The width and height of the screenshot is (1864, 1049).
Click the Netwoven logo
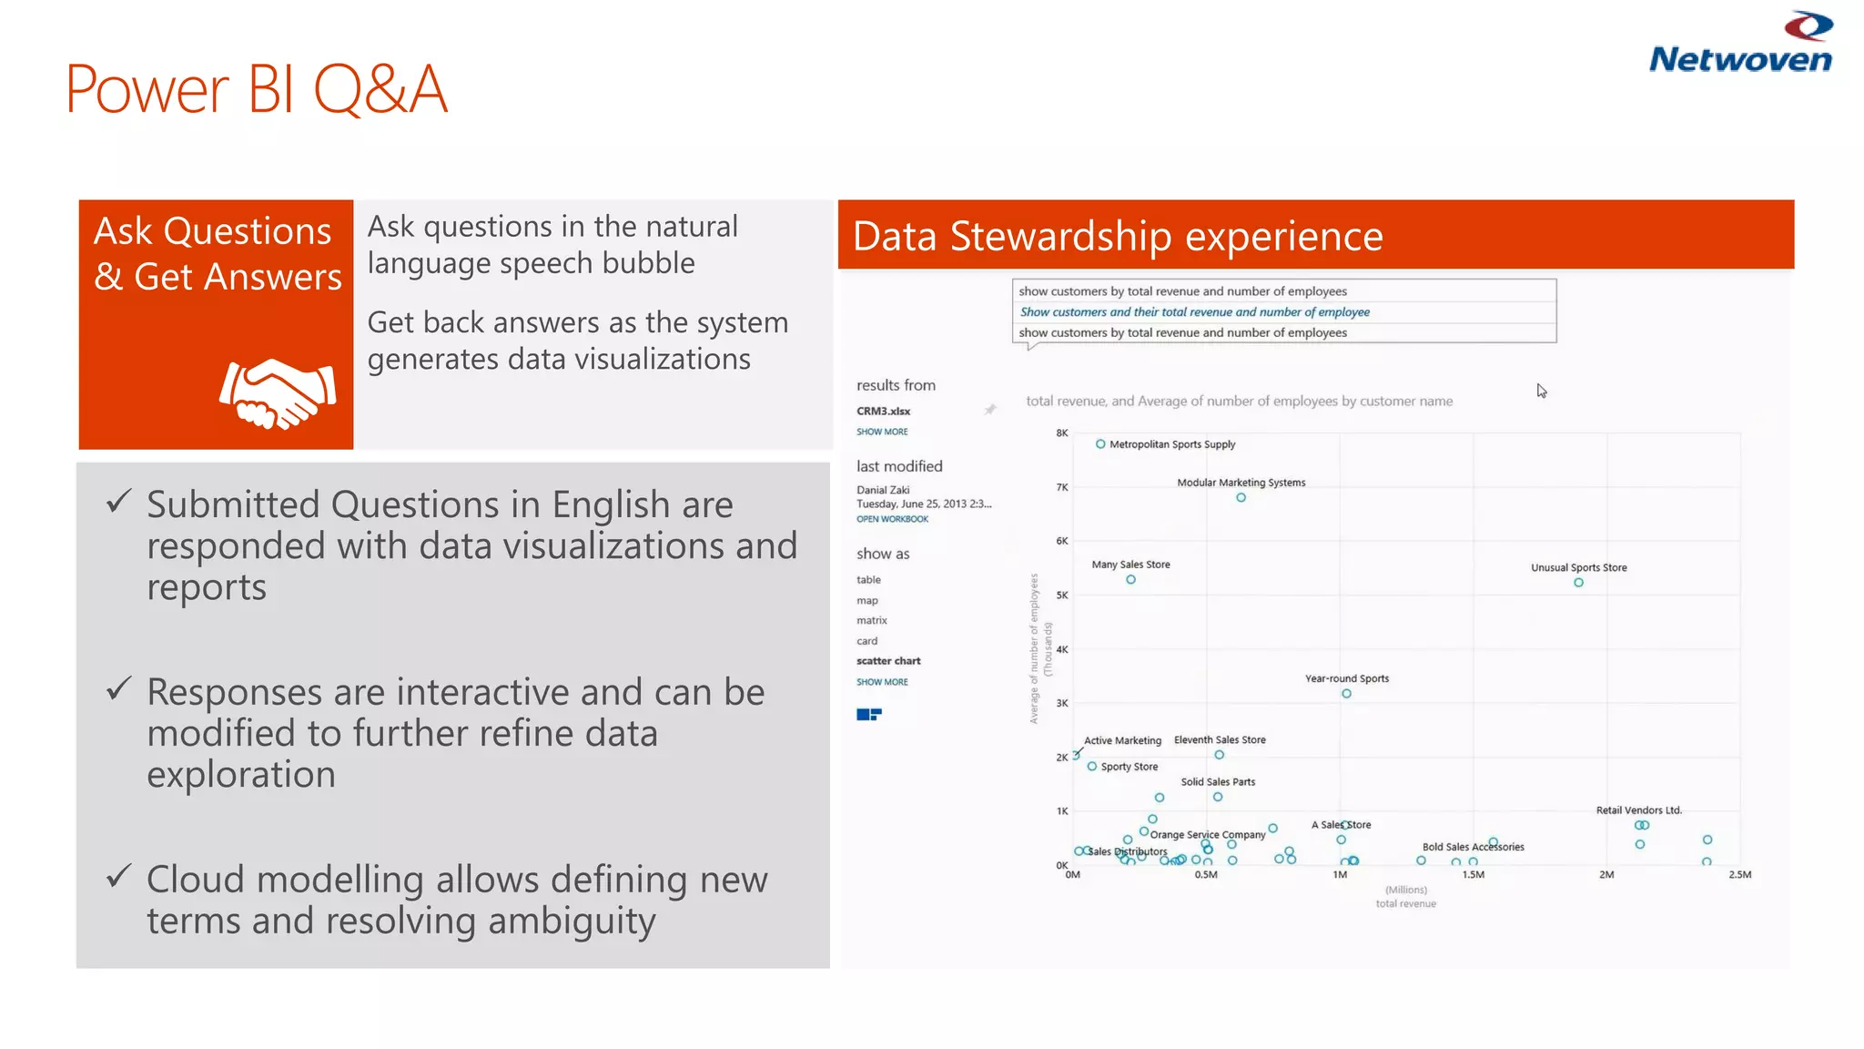pyautogui.click(x=1739, y=44)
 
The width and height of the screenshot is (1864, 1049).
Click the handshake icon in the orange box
pyautogui.click(x=278, y=393)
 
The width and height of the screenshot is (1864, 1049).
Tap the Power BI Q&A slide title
pyautogui.click(x=257, y=89)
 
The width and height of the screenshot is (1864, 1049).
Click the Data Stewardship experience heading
pyautogui.click(x=1118, y=236)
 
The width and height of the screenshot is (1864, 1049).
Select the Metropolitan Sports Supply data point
pyautogui.click(x=1100, y=444)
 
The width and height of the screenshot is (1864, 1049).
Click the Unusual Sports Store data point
pyautogui.click(x=1578, y=583)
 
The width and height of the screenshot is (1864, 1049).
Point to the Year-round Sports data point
pyautogui.click(x=1346, y=694)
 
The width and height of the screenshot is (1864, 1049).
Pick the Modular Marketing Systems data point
pyautogui.click(x=1241, y=498)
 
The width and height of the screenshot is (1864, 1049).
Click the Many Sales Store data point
pyautogui.click(x=1130, y=580)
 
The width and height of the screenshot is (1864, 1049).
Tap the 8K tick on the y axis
pyautogui.click(x=1061, y=433)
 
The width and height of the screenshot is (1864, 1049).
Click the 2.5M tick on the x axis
pyautogui.click(x=1739, y=875)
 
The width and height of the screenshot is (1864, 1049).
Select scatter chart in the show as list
pyautogui.click(x=888, y=661)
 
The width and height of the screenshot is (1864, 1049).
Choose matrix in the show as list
pyautogui.click(x=871, y=621)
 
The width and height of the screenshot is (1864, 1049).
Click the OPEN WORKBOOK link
pyautogui.click(x=892, y=519)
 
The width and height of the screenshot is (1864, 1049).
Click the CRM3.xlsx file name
pyautogui.click(x=883, y=412)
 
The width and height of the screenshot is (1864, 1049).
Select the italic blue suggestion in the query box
pyautogui.click(x=1194, y=312)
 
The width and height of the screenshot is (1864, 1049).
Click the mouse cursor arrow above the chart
pyautogui.click(x=1542, y=391)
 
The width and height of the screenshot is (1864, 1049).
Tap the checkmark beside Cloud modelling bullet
pyautogui.click(x=119, y=876)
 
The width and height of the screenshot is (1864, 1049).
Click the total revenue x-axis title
pyautogui.click(x=1405, y=904)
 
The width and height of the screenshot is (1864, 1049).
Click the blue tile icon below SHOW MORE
pyautogui.click(x=868, y=715)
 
